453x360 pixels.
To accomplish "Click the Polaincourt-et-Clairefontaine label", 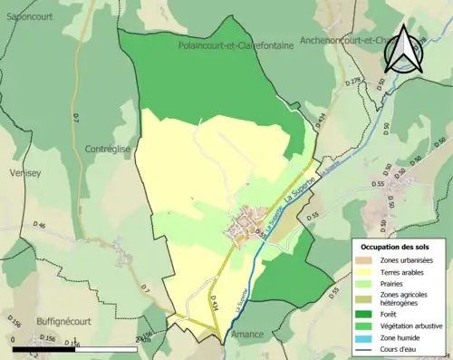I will pos(236,45).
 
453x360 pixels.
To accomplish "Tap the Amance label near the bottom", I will pos(250,335).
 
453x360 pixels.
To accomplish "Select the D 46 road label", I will pos(39,224).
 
